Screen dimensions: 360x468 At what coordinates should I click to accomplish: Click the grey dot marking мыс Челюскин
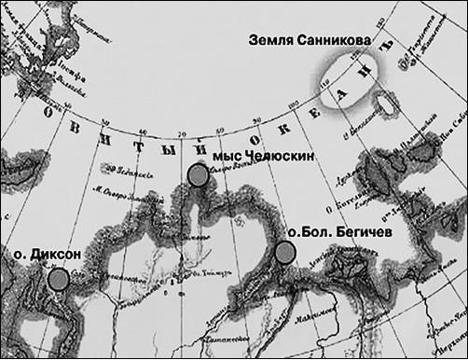[x=197, y=174]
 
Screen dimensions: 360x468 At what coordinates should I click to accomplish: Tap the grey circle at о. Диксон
[x=59, y=278]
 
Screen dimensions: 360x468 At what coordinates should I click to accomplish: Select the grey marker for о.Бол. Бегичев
[x=285, y=251]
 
